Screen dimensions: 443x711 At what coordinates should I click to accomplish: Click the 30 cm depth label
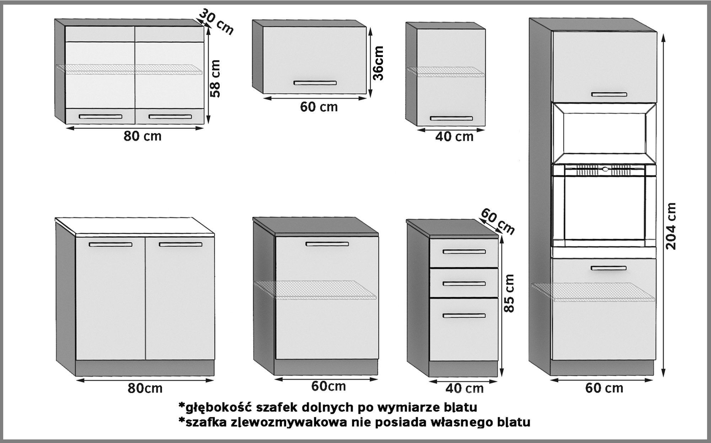(x=216, y=21)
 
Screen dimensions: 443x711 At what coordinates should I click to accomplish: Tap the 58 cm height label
(x=215, y=78)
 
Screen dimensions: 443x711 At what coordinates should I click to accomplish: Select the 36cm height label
(x=379, y=63)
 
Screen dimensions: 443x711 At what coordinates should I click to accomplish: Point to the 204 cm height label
(x=670, y=226)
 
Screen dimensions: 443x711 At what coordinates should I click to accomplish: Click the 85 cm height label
(x=509, y=294)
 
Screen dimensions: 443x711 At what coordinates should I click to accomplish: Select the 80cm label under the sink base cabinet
(x=145, y=388)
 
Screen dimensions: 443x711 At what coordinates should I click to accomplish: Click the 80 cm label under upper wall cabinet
(x=142, y=136)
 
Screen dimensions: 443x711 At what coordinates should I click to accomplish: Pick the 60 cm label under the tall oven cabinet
(x=604, y=388)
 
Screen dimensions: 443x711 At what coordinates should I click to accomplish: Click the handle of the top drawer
(x=464, y=252)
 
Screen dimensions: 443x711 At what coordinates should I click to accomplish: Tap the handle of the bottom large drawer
(x=464, y=316)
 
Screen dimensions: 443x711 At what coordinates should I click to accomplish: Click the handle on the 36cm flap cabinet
(x=315, y=83)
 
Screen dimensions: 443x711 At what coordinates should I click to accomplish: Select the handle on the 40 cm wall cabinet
(x=451, y=118)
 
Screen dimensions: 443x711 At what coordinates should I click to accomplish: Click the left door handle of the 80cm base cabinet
(x=111, y=244)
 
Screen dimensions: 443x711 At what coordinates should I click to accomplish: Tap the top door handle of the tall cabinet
(x=609, y=94)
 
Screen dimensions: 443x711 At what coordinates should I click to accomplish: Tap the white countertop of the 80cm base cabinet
(x=135, y=226)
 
